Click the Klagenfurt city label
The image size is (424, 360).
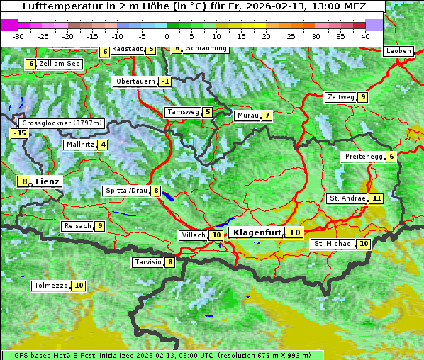click(257, 232)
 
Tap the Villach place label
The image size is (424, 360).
click(193, 235)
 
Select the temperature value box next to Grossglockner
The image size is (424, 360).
click(18, 133)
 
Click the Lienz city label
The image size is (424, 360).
click(48, 181)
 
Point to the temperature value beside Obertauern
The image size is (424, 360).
click(165, 81)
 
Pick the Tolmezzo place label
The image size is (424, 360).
click(50, 286)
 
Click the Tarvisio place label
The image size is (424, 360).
click(147, 262)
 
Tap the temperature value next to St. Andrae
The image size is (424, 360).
click(376, 198)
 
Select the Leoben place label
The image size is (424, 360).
click(398, 51)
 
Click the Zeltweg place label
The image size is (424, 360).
click(340, 97)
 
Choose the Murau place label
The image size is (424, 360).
click(247, 116)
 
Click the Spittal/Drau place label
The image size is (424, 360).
click(126, 191)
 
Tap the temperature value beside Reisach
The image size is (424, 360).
click(100, 226)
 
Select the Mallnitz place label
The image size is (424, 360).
click(79, 145)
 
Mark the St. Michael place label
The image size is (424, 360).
click(333, 244)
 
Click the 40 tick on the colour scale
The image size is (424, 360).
click(364, 35)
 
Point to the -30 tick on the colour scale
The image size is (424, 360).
click(18, 35)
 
